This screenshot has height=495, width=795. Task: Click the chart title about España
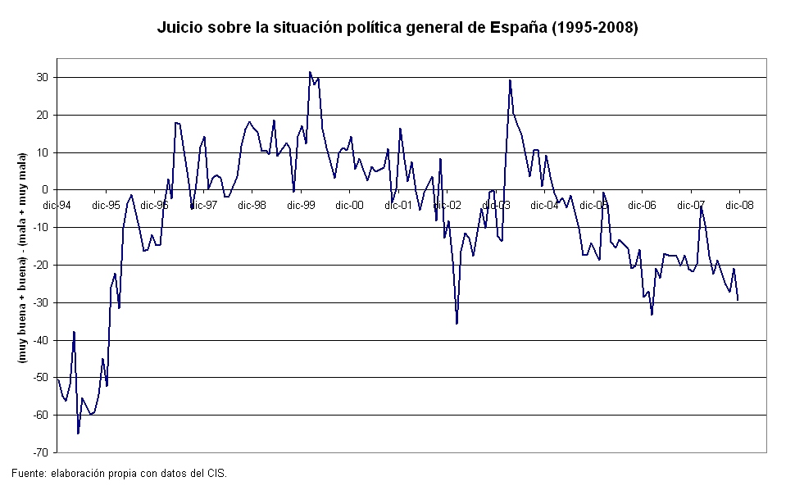(x=397, y=28)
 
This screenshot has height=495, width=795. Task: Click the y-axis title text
(x=21, y=253)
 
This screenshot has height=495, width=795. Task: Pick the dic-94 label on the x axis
(x=57, y=205)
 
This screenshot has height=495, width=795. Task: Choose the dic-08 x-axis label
(x=739, y=205)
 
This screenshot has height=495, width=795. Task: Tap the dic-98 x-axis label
(x=252, y=205)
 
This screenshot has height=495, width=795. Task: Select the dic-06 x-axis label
(x=642, y=205)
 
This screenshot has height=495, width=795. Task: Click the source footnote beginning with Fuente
(x=119, y=473)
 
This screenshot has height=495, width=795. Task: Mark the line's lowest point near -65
(x=78, y=433)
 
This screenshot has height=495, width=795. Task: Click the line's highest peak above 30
(x=310, y=72)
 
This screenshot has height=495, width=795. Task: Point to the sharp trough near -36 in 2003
(x=457, y=324)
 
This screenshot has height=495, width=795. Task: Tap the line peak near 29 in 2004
(x=510, y=80)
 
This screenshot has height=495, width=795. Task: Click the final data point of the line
(x=738, y=300)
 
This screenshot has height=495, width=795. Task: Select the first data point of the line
(x=58, y=379)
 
